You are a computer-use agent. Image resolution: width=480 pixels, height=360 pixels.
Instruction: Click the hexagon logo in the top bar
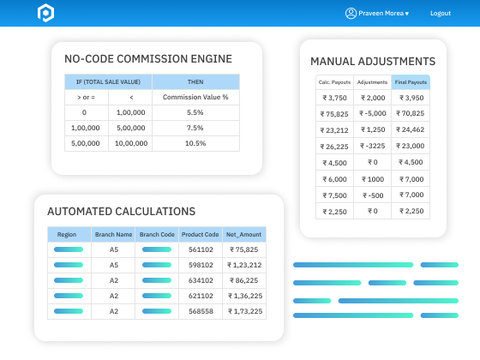[x=45, y=13]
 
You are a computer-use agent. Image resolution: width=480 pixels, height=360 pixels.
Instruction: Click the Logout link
[x=440, y=14]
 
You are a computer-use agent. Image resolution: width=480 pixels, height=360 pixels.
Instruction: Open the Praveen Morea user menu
[x=377, y=14]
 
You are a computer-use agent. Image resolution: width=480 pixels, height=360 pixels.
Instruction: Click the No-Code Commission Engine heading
[x=148, y=59]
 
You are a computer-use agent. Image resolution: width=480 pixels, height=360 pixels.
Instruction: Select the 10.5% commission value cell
[x=195, y=143]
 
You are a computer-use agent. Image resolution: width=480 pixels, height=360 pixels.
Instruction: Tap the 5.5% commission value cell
[x=195, y=112]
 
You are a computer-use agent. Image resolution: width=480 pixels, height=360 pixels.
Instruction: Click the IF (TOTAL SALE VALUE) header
[x=108, y=81]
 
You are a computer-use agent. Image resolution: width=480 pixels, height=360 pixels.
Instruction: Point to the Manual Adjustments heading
[x=373, y=62]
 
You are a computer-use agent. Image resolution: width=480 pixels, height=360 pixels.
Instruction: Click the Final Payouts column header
[x=411, y=82]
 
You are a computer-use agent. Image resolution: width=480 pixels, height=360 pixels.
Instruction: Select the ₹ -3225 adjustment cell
[x=372, y=146]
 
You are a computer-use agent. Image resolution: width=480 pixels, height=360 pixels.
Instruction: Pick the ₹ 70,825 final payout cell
[x=411, y=113]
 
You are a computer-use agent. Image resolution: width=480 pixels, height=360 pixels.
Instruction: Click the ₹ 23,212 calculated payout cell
[x=334, y=129]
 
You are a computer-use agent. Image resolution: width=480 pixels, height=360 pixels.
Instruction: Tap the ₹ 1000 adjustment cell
[x=372, y=178]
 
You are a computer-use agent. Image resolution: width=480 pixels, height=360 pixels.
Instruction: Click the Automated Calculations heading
[x=121, y=211]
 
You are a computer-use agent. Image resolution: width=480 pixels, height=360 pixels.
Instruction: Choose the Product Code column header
[x=201, y=234]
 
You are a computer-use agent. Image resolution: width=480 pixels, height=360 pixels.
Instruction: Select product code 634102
[x=201, y=280]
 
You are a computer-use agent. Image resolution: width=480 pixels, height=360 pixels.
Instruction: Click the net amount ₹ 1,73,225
[x=245, y=311]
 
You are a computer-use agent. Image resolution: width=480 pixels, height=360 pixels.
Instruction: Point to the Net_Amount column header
[x=245, y=234]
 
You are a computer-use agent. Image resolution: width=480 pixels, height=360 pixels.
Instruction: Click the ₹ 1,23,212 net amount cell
[x=245, y=265]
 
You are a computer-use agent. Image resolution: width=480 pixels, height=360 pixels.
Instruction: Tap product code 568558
[x=201, y=311]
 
